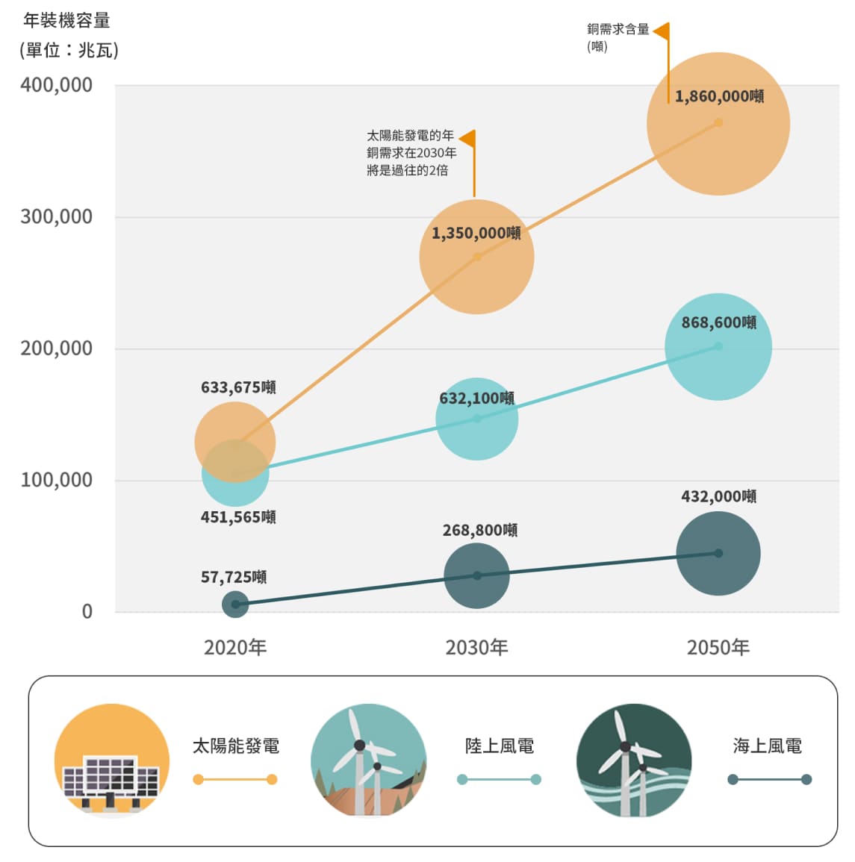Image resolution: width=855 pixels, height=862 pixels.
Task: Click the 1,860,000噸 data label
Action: (x=719, y=97)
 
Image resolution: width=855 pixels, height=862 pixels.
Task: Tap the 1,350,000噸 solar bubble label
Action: (x=476, y=234)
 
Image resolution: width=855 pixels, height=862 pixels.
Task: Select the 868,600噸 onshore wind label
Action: (x=718, y=323)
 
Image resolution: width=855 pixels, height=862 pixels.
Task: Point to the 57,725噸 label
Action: (x=234, y=577)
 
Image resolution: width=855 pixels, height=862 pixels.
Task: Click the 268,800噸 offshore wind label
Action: (x=479, y=531)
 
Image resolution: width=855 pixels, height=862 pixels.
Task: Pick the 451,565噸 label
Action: (x=238, y=517)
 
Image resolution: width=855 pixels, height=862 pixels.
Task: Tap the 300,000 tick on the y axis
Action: (x=57, y=217)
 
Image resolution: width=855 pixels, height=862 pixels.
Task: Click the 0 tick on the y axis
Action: (x=87, y=612)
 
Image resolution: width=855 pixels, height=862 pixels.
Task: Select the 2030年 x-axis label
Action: (x=476, y=647)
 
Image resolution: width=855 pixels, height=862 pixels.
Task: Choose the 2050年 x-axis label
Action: (x=718, y=647)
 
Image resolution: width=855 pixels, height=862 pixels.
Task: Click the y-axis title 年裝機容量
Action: (x=67, y=21)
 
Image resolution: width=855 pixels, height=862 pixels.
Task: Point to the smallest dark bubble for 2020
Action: (x=235, y=605)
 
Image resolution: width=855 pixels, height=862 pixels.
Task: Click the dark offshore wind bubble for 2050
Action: (x=718, y=553)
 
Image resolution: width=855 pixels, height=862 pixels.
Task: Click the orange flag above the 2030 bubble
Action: (x=468, y=139)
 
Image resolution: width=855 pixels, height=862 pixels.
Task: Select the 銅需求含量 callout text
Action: (x=618, y=30)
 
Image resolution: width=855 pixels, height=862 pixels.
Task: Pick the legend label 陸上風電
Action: (x=499, y=746)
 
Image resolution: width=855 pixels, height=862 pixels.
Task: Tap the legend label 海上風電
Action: (x=768, y=746)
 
